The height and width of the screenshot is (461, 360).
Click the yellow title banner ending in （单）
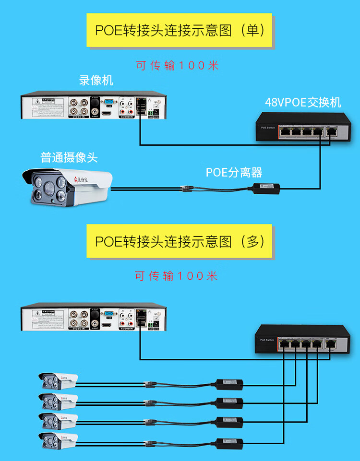click(179, 30)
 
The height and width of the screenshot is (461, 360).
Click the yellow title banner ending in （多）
click(179, 241)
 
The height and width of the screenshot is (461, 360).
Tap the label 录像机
click(96, 80)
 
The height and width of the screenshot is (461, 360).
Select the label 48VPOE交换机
click(303, 102)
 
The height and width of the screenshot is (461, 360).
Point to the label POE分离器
click(234, 172)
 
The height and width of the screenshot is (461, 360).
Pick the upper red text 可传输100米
click(177, 65)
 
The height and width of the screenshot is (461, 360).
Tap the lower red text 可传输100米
click(176, 276)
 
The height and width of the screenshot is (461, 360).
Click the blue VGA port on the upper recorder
click(109, 102)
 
